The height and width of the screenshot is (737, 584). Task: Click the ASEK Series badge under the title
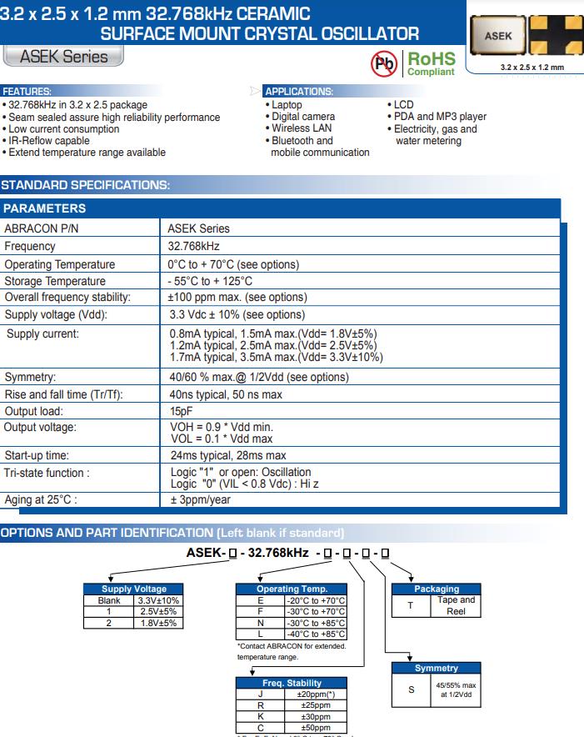pos(63,57)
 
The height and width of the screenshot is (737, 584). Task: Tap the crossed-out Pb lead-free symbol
pos(382,63)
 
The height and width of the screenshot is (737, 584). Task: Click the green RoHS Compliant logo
pos(431,63)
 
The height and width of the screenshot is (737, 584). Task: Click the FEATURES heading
pos(27,91)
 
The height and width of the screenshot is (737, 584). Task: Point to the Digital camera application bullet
pos(303,117)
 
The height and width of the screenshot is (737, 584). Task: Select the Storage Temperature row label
pos(55,281)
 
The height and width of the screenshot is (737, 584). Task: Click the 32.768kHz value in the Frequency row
pos(193,246)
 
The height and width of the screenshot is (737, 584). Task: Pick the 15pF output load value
pos(181,411)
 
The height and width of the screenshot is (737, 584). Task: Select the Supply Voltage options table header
pos(133,589)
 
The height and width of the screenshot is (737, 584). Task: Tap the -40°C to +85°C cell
pos(315,634)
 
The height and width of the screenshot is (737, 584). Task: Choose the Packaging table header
pos(437,589)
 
